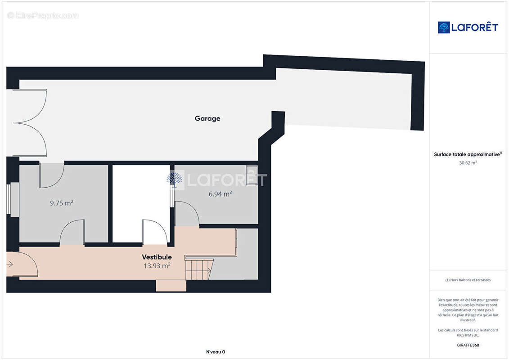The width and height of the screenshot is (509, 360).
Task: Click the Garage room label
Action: [x=207, y=118]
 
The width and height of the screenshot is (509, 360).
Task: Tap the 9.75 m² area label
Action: [x=61, y=203]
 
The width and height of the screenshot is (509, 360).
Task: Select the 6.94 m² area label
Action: [x=220, y=194]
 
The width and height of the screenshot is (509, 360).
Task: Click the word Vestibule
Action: [x=157, y=257]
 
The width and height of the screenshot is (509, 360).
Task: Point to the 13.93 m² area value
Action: [x=157, y=265]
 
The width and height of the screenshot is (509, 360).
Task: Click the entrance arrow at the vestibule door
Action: [x=9, y=264]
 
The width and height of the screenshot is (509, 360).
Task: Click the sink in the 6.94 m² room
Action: [x=252, y=175]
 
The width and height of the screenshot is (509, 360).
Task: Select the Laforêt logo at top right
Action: [x=468, y=27]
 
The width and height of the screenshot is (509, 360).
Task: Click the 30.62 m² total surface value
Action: [x=468, y=162]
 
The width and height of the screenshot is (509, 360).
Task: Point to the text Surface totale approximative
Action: [x=467, y=154]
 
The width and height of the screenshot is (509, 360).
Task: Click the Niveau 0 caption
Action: [x=216, y=352]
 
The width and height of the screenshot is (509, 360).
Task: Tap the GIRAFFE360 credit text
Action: [x=468, y=345]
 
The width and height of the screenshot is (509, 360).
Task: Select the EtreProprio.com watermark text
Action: [x=43, y=15]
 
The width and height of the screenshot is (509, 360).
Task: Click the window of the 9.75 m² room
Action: [x=9, y=199]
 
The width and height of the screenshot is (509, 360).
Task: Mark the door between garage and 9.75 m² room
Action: [x=52, y=175]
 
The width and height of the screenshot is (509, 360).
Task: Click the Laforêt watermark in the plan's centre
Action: [x=216, y=180]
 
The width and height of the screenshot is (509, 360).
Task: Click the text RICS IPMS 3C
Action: [x=468, y=335]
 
